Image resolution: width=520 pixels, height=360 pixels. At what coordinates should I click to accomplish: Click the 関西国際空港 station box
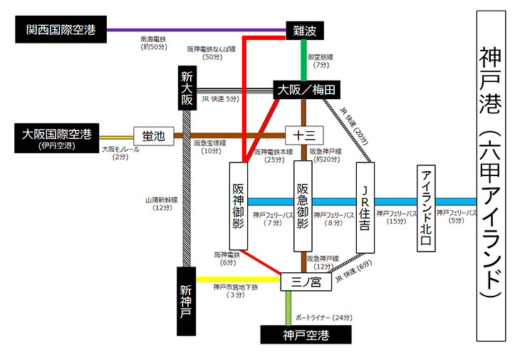61,30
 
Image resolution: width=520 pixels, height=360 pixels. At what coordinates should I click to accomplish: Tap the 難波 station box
304,30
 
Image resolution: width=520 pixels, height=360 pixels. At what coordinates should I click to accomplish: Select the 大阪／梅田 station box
306,90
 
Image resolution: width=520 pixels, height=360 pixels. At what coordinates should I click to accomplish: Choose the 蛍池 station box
153,135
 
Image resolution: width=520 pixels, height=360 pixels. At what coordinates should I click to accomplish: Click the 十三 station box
304,135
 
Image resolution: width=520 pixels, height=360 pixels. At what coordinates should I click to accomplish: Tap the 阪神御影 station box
239,207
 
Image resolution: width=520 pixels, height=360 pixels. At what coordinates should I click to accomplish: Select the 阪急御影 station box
303,207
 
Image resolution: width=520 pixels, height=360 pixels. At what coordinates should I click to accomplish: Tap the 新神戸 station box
186,303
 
